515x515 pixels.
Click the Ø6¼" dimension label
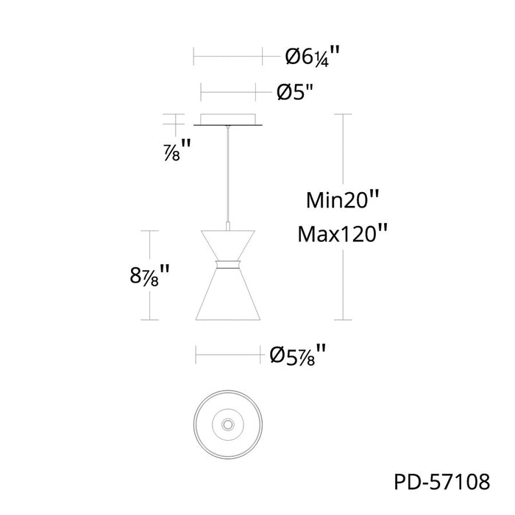(312, 56)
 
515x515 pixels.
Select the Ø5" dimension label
(295, 92)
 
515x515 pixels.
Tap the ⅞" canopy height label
(177, 150)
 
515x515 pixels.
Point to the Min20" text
(342, 199)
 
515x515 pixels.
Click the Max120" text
(342, 234)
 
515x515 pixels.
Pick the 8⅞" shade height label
(149, 275)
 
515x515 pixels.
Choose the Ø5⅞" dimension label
(297, 355)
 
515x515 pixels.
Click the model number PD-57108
(441, 482)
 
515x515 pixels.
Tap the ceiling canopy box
(228, 119)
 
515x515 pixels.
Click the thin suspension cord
(227, 174)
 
